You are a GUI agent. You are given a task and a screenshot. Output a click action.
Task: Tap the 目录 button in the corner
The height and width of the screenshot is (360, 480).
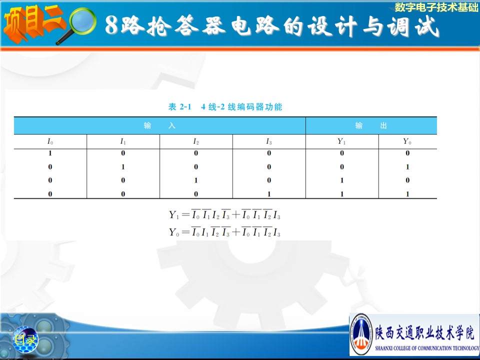[x=25, y=339]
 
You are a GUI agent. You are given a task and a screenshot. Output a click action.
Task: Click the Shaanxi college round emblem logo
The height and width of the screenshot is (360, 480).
[x=361, y=334]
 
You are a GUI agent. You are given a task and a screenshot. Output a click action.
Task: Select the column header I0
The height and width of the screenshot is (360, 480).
[x=50, y=141]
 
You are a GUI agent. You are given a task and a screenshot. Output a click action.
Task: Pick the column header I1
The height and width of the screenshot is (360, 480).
[x=123, y=141]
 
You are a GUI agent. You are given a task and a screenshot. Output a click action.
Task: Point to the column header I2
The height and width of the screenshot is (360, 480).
[x=196, y=141]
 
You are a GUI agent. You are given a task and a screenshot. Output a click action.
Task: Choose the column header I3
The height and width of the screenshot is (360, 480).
[x=269, y=141]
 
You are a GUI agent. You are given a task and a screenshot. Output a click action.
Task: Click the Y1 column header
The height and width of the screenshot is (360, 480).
[x=341, y=141]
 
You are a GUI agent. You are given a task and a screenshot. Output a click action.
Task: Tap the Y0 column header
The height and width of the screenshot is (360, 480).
[x=407, y=141]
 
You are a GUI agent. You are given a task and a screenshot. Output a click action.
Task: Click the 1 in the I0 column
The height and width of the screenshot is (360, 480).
[x=50, y=153]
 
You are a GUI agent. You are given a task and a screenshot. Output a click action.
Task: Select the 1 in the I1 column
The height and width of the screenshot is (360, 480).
[x=123, y=167]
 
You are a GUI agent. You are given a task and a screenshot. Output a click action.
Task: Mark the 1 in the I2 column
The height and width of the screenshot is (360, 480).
[x=196, y=180]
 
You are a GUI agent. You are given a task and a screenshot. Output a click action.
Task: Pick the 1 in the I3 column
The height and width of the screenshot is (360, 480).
[x=269, y=194]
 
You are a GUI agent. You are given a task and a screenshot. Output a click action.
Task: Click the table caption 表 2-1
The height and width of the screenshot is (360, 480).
[x=179, y=107]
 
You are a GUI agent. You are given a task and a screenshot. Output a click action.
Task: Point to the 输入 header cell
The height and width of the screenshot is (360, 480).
[x=159, y=125]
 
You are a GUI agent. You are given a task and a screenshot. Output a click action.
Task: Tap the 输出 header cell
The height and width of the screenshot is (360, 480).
[x=371, y=125]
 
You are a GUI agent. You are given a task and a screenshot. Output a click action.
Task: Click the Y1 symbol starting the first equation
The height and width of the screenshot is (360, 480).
[x=174, y=215]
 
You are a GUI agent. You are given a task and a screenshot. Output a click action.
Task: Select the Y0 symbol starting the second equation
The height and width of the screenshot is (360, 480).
[x=174, y=232]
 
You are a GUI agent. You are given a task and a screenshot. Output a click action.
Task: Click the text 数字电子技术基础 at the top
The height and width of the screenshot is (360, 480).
[x=436, y=7]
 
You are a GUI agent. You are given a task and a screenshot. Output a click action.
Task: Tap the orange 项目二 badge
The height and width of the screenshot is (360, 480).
[x=33, y=23]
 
